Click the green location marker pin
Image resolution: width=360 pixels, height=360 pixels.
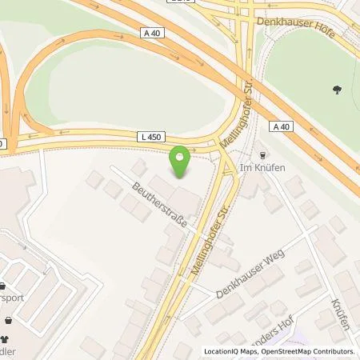pyautogui.click(x=181, y=162)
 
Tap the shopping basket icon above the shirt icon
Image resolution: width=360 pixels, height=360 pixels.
pyautogui.click(x=8, y=319)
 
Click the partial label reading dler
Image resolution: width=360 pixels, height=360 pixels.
pyautogui.click(x=9, y=353)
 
